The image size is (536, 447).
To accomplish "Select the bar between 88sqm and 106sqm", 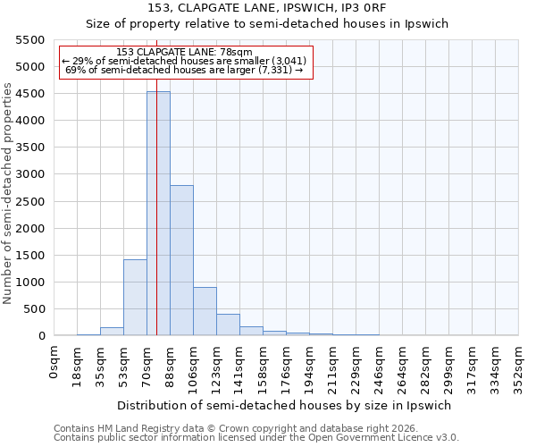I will pos(181,260).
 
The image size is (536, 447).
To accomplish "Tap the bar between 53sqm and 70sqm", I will pos(135,297).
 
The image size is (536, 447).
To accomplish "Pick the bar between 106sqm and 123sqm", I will pos(205,311).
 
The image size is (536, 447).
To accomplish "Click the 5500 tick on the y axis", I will pos(29,40).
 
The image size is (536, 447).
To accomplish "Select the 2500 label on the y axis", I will pos(29,202).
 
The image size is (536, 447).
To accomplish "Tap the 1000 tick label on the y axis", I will pos(29,283).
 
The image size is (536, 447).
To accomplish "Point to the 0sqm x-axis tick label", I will pos(54,362).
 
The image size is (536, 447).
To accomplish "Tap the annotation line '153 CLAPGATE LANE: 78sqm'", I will pos(185,53).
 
